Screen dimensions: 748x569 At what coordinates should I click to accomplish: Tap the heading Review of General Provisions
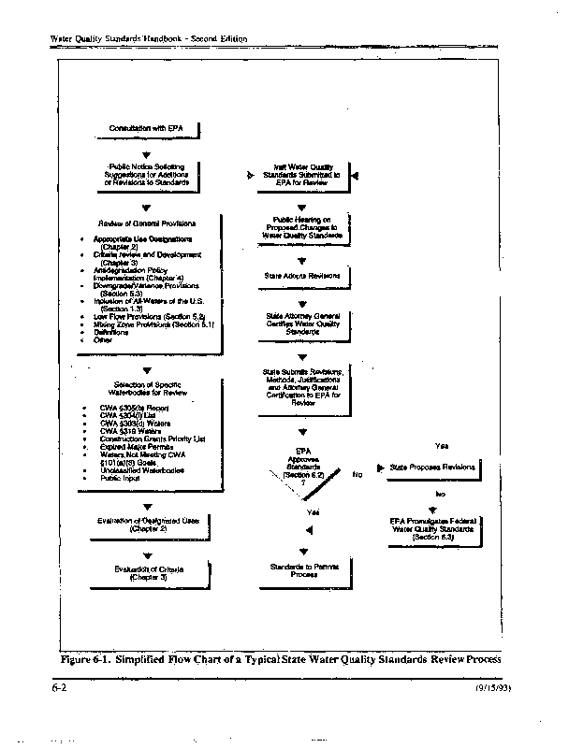(x=147, y=224)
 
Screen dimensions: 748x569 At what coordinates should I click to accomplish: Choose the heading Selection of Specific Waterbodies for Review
(x=147, y=390)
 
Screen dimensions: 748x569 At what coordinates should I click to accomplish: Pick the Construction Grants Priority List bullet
(x=153, y=438)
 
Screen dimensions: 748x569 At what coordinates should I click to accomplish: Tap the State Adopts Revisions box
(x=301, y=277)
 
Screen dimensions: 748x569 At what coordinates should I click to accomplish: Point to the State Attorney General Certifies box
(x=302, y=324)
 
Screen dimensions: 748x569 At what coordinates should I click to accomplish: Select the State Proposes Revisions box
(x=431, y=466)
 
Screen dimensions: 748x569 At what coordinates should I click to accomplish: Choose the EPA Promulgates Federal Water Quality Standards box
(x=431, y=527)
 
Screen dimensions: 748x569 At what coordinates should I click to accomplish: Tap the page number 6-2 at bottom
(x=57, y=687)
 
